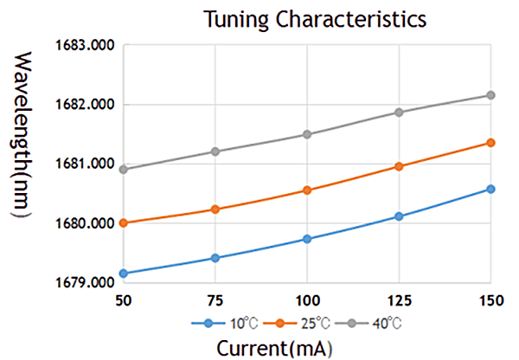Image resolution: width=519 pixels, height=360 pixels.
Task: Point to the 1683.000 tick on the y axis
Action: pyautogui.click(x=89, y=45)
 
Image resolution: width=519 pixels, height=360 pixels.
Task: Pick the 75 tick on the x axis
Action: pyautogui.click(x=215, y=299)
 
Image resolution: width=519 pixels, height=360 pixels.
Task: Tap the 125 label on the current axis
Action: pyautogui.click(x=399, y=299)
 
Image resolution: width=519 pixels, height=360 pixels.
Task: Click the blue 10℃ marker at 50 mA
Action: pyautogui.click(x=124, y=273)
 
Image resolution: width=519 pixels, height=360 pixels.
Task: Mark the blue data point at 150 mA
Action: pyautogui.click(x=490, y=189)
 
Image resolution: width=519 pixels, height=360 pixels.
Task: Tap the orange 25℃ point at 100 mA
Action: pyautogui.click(x=307, y=190)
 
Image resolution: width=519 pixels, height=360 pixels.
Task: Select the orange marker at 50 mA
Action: pyautogui.click(x=124, y=222)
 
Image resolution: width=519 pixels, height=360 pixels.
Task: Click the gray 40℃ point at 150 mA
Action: pyautogui.click(x=490, y=95)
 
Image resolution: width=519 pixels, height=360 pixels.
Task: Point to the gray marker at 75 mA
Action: pyautogui.click(x=215, y=151)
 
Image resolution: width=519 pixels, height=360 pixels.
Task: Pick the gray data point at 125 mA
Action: pyautogui.click(x=399, y=112)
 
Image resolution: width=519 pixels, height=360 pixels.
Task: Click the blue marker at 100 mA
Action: pyautogui.click(x=307, y=239)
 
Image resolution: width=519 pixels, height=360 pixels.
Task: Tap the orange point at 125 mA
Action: pyautogui.click(x=399, y=166)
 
